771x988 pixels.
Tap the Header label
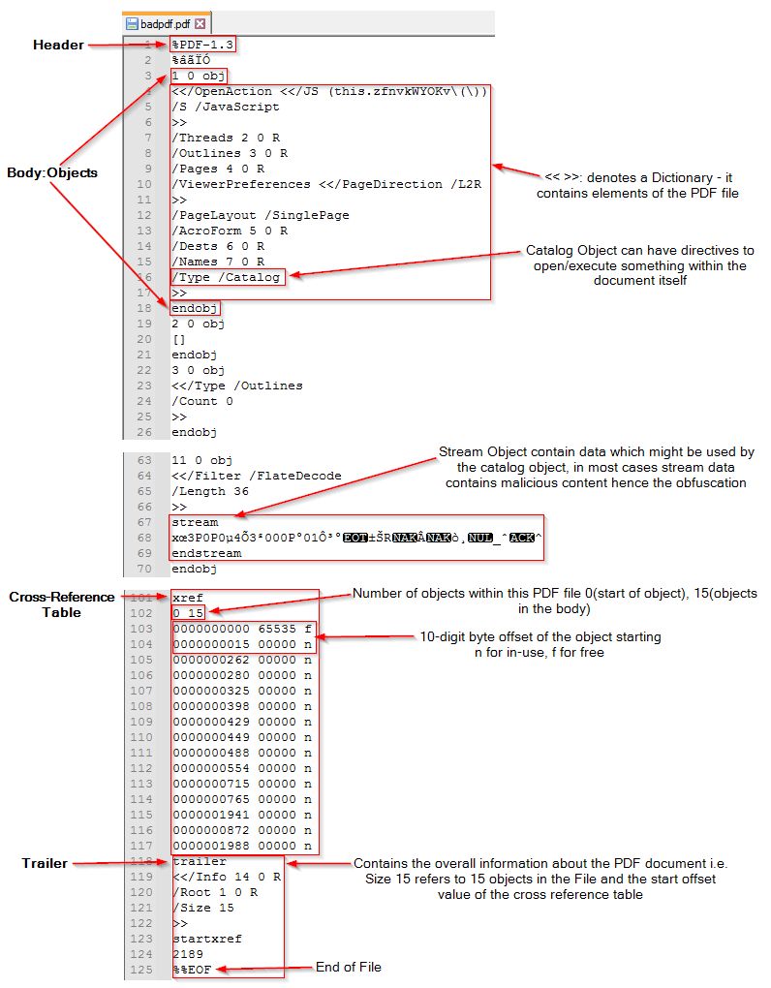(x=58, y=46)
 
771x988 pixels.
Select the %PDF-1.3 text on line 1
(x=203, y=46)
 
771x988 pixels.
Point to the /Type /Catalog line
(x=227, y=277)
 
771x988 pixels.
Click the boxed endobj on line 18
(x=195, y=308)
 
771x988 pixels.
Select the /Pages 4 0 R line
(x=218, y=169)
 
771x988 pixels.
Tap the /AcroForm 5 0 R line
(x=230, y=231)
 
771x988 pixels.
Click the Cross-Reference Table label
(x=62, y=603)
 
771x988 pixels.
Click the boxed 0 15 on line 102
(x=188, y=613)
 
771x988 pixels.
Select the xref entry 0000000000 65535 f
(x=242, y=629)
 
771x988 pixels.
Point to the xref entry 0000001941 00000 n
(x=242, y=815)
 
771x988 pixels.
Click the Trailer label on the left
(x=46, y=862)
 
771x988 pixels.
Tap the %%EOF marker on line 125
(x=191, y=970)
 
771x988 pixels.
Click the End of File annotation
(x=349, y=967)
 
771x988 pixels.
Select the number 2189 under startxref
(x=187, y=954)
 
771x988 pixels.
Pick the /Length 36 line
(x=210, y=491)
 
